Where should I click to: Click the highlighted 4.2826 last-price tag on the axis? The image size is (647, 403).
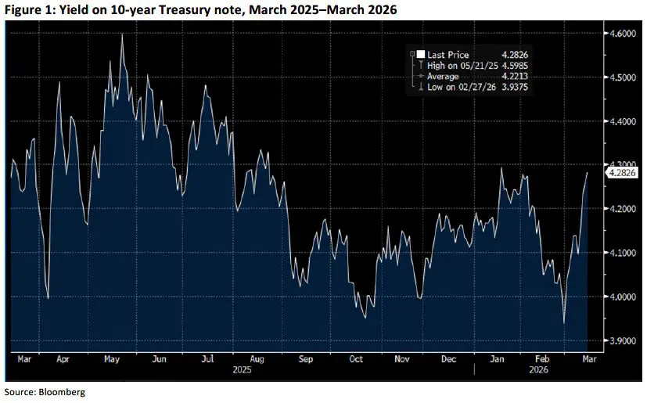click(x=621, y=172)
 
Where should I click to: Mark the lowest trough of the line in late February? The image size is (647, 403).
click(x=564, y=323)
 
